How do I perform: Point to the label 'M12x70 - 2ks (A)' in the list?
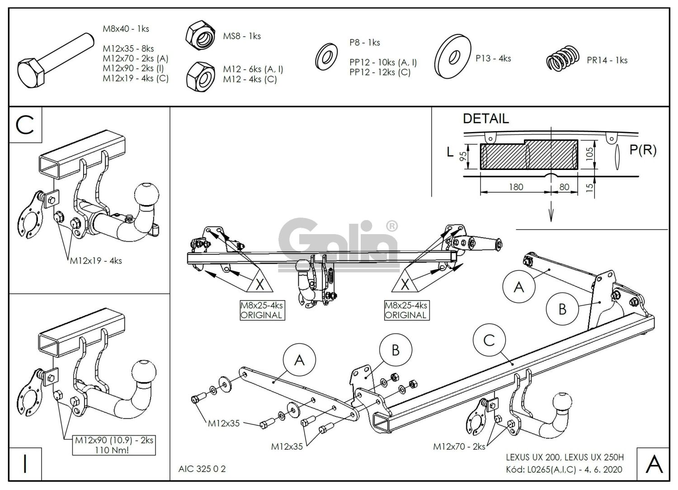coord(135,58)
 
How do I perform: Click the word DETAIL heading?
coord(485,119)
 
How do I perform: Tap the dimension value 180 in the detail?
coord(516,187)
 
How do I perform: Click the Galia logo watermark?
coord(337,243)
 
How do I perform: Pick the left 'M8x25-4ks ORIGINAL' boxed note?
coord(261,311)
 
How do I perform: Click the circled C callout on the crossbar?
coord(489,340)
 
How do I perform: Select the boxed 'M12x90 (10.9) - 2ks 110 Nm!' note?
coord(114,445)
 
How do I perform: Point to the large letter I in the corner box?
coord(25,464)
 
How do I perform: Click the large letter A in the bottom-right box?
coord(654,464)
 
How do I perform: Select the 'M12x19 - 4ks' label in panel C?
coord(95,261)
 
